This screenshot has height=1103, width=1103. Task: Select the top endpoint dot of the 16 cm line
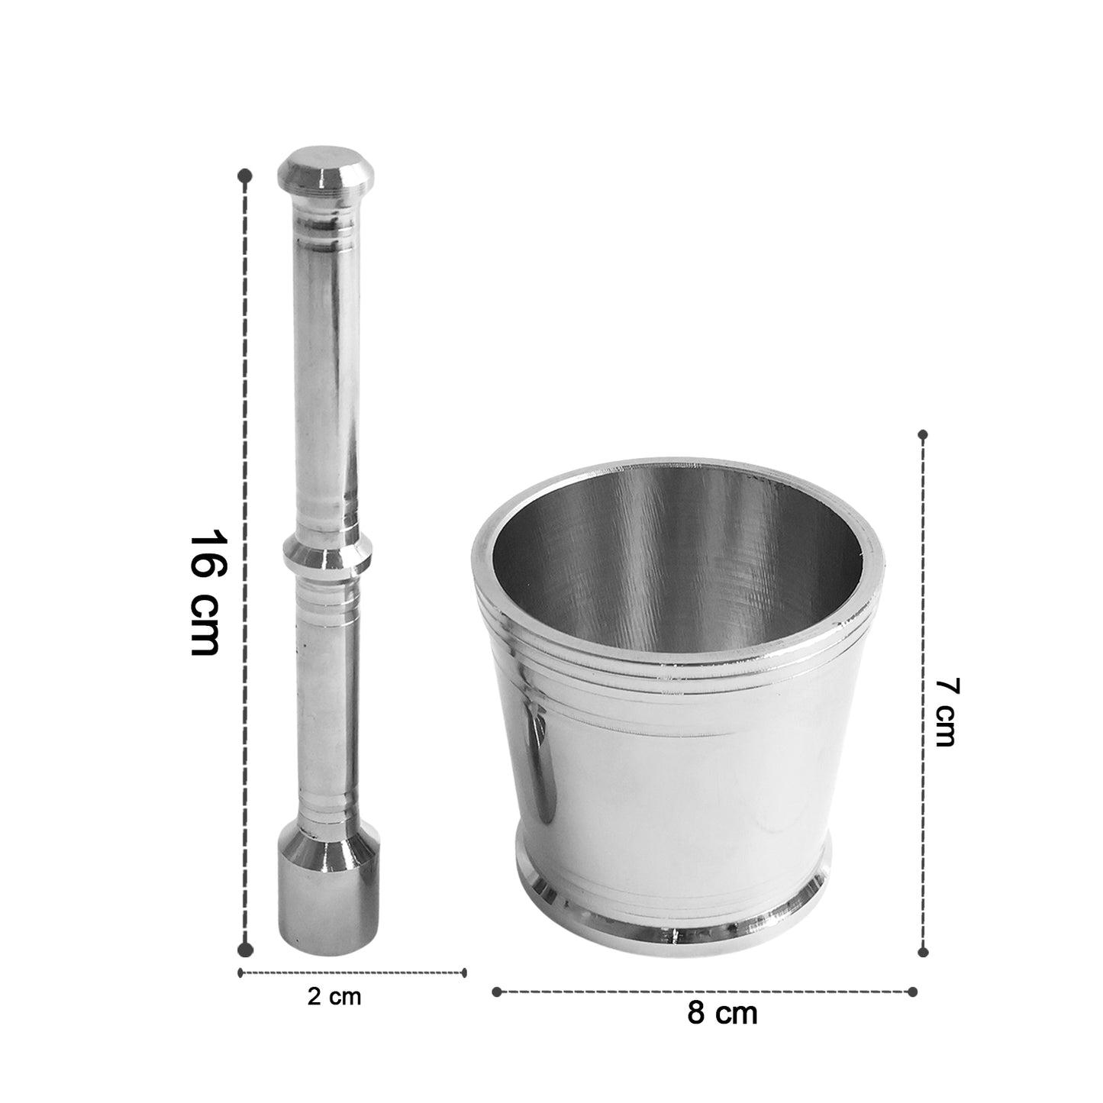(245, 176)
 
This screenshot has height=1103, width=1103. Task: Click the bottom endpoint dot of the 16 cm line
(245, 949)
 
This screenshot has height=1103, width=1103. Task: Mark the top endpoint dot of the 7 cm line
(923, 435)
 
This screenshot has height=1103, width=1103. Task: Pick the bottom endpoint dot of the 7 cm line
(923, 952)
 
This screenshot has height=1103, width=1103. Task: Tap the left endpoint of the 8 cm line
(497, 992)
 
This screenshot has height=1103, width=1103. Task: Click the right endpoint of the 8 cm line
(914, 992)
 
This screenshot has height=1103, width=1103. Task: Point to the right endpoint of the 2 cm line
(464, 972)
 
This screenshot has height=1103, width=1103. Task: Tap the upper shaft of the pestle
(327, 382)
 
